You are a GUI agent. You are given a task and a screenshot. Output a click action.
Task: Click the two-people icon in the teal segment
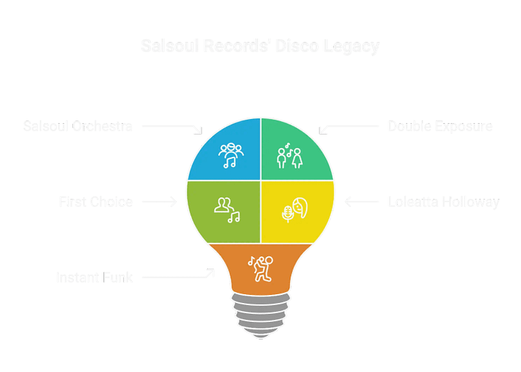pyautogui.click(x=289, y=156)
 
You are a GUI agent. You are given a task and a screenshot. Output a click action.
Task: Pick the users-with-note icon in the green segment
pyautogui.click(x=226, y=210)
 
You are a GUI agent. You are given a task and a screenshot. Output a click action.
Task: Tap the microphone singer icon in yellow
pyautogui.click(x=295, y=211)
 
